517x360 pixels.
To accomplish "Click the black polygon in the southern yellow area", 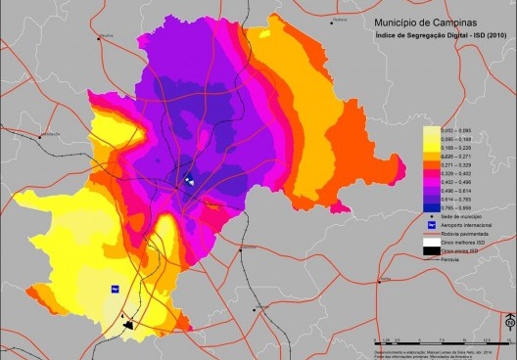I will (128, 323).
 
